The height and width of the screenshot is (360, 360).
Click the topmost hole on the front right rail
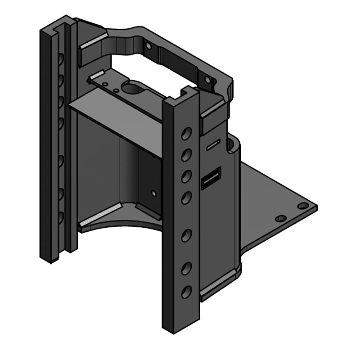(186, 133)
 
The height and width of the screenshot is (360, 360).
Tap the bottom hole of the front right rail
(186, 292)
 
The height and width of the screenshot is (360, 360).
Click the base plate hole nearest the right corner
(303, 206)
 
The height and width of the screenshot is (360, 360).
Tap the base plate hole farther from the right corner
(281, 218)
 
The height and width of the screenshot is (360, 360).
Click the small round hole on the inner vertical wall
(154, 193)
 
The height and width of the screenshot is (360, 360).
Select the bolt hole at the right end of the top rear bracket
(207, 80)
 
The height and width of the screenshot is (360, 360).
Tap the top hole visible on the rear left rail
(60, 58)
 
